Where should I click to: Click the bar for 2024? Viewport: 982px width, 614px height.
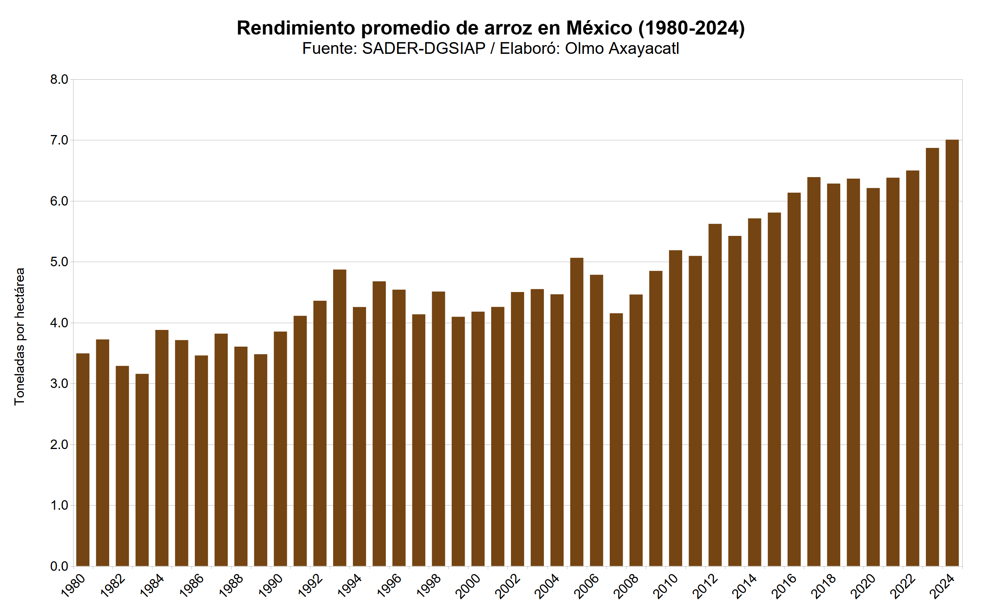952,353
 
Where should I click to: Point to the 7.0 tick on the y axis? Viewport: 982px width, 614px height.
59,140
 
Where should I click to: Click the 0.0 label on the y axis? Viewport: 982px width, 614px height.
59,566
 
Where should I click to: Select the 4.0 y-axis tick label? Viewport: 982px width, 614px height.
59,323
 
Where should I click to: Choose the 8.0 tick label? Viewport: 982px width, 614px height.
59,80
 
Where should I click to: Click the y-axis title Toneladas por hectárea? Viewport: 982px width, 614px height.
19,336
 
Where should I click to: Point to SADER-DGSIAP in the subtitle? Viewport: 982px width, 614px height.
424,49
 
